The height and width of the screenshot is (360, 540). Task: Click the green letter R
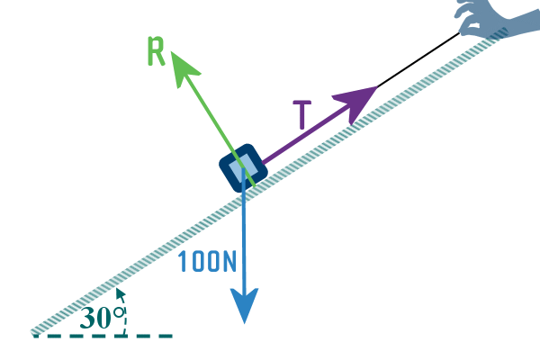157,52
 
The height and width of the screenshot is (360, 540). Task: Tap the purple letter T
303,116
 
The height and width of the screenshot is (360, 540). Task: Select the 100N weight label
207,262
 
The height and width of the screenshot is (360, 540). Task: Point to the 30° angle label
101,318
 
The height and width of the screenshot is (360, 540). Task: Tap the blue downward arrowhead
245,306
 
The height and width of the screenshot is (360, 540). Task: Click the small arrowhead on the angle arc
119,292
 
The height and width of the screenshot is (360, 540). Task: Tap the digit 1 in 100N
183,262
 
